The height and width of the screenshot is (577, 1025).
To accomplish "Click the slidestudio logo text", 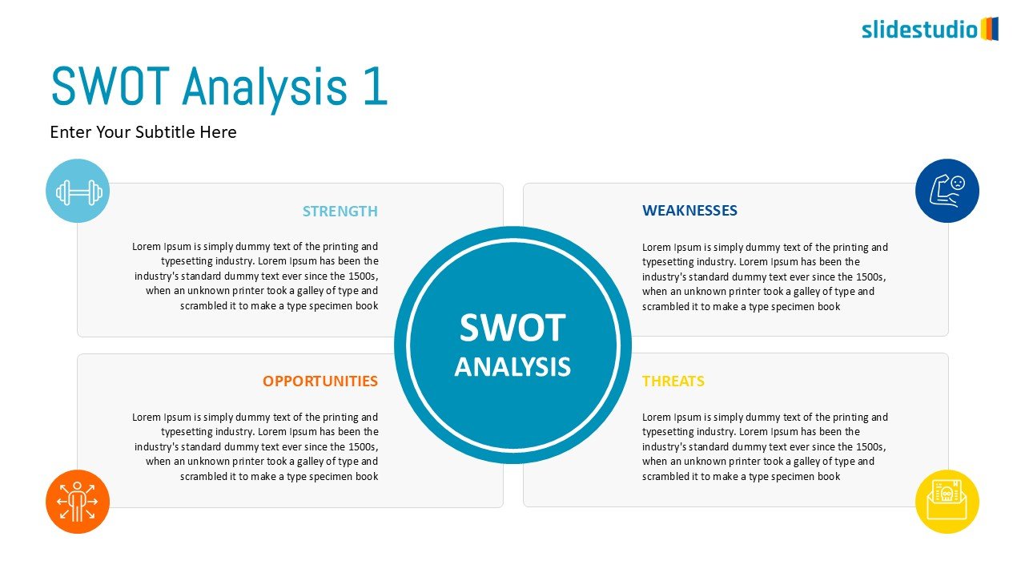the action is (x=920, y=30).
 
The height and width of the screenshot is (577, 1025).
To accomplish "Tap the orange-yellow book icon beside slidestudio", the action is (x=989, y=29).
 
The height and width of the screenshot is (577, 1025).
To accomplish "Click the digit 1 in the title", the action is (x=376, y=86).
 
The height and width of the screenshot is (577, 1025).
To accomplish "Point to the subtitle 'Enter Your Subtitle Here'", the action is (x=143, y=132).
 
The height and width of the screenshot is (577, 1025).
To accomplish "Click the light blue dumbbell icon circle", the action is (x=78, y=191).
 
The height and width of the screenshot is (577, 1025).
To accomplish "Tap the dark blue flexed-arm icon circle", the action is (x=947, y=191).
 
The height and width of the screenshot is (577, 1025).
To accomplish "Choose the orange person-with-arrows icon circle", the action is (x=78, y=502).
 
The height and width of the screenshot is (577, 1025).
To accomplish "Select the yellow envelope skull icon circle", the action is (x=947, y=502).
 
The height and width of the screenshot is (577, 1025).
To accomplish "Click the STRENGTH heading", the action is (x=340, y=211).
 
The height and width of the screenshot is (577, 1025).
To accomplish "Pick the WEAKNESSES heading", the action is (x=689, y=210).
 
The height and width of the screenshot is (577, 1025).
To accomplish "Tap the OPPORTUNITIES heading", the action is (x=320, y=381).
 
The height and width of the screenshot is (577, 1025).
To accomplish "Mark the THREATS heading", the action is (x=673, y=381).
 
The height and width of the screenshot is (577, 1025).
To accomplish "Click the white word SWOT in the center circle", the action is (x=512, y=328).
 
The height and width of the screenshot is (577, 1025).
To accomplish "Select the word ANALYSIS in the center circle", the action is (x=512, y=366).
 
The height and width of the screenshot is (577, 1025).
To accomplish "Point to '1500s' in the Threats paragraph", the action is (x=870, y=446).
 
